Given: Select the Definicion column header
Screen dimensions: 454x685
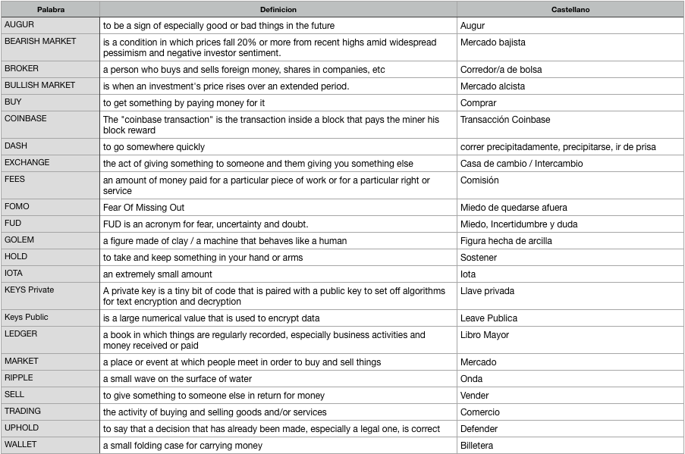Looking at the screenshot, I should point(278,10).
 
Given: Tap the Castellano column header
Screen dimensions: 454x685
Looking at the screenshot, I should point(570,10).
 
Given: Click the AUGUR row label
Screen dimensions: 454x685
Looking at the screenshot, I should point(20,25).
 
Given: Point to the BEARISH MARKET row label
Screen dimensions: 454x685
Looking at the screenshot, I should point(40,42).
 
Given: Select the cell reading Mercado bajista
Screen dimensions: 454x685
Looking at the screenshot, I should point(492,42).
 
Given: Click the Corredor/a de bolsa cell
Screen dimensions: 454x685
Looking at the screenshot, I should point(501,70).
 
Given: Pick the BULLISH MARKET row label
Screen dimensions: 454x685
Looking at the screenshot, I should point(39,86).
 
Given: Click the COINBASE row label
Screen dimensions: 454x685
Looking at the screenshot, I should point(26,119).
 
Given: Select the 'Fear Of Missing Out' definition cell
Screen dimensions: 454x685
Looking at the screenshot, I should point(143,208).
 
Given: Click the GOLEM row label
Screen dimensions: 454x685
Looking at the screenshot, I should point(20,240).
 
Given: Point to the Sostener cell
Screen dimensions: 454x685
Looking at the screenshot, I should point(479,258).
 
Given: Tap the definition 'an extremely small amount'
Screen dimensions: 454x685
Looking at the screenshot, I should point(158,274).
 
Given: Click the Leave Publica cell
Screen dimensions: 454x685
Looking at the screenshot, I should point(490,318).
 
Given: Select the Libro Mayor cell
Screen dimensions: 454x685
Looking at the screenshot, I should point(485,335).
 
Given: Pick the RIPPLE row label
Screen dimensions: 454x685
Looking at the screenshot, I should point(19,378).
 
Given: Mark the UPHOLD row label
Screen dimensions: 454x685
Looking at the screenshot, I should point(21,428).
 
